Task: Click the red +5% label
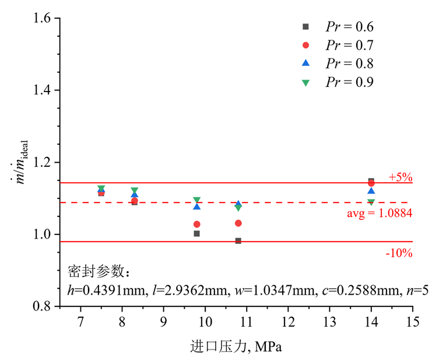(401, 177)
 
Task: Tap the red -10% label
(399, 253)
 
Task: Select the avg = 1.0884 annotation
(380, 214)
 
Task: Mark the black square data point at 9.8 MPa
(197, 233)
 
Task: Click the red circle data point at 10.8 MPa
(238, 223)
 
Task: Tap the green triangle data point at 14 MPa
(371, 202)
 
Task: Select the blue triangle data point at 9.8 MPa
(197, 207)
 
